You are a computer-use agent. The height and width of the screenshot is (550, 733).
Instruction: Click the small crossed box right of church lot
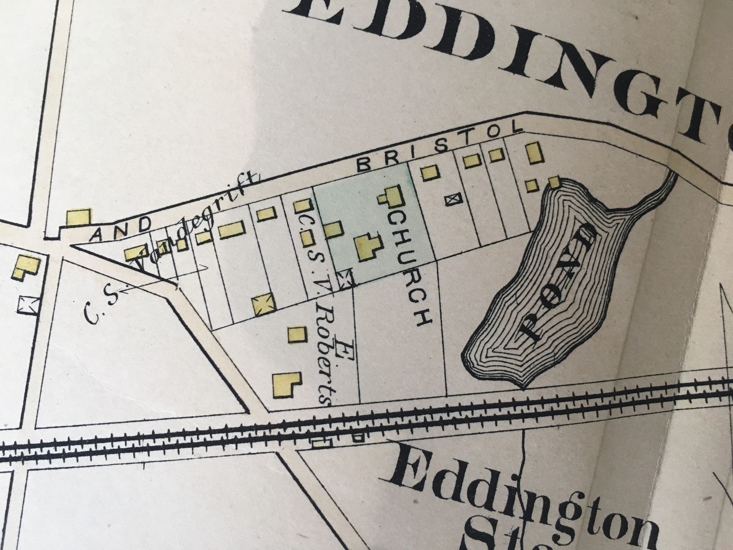point(453,199)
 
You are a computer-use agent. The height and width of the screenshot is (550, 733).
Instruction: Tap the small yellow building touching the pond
point(553,182)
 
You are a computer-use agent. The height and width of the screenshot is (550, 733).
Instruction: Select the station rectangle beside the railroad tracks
point(321,443)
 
